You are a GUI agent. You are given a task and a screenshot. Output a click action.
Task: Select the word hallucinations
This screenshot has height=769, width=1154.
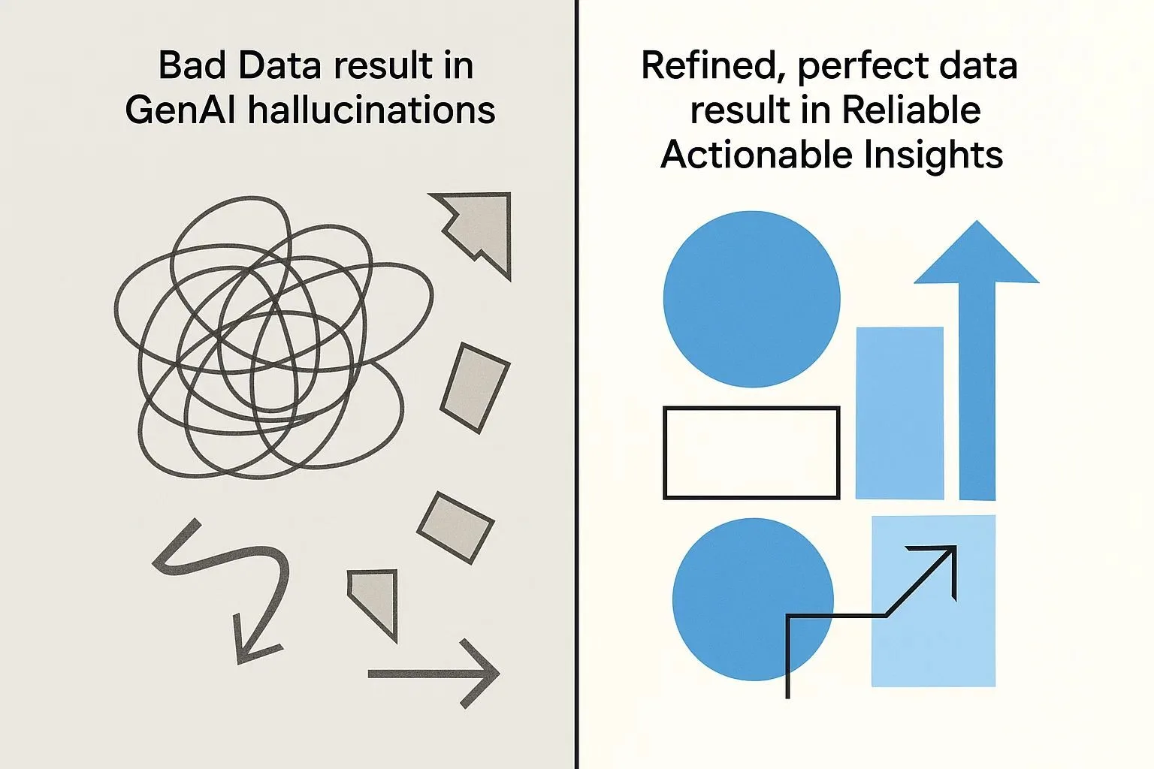(372, 110)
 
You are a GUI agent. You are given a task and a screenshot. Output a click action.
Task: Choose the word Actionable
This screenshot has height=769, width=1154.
(757, 155)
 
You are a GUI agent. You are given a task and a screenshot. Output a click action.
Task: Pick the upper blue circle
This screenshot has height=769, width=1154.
(751, 299)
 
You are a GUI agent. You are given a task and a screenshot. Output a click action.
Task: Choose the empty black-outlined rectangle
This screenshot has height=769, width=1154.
(751, 453)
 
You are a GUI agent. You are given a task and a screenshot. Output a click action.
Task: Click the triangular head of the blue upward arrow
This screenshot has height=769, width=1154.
(977, 255)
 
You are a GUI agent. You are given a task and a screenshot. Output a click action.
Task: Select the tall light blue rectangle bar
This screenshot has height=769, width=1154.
(899, 412)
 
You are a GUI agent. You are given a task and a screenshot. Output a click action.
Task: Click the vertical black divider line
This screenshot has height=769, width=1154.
(576, 384)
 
